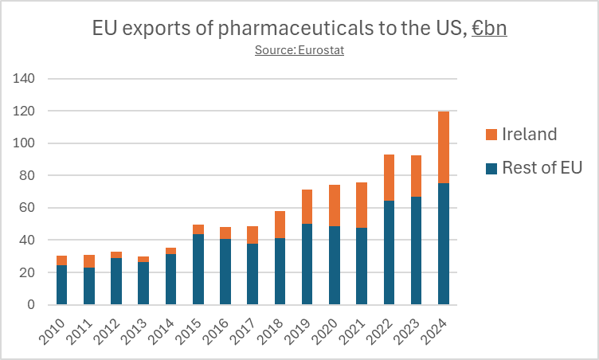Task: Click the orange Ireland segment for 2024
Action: tap(444, 147)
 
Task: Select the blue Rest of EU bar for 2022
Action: tap(390, 257)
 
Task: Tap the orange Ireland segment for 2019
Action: tap(307, 206)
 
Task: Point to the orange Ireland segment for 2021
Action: tap(362, 205)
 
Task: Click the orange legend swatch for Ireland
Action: tap(491, 135)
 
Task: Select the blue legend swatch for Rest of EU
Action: tap(491, 168)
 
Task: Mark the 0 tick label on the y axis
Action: tap(32, 305)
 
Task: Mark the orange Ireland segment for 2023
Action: tap(417, 176)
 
